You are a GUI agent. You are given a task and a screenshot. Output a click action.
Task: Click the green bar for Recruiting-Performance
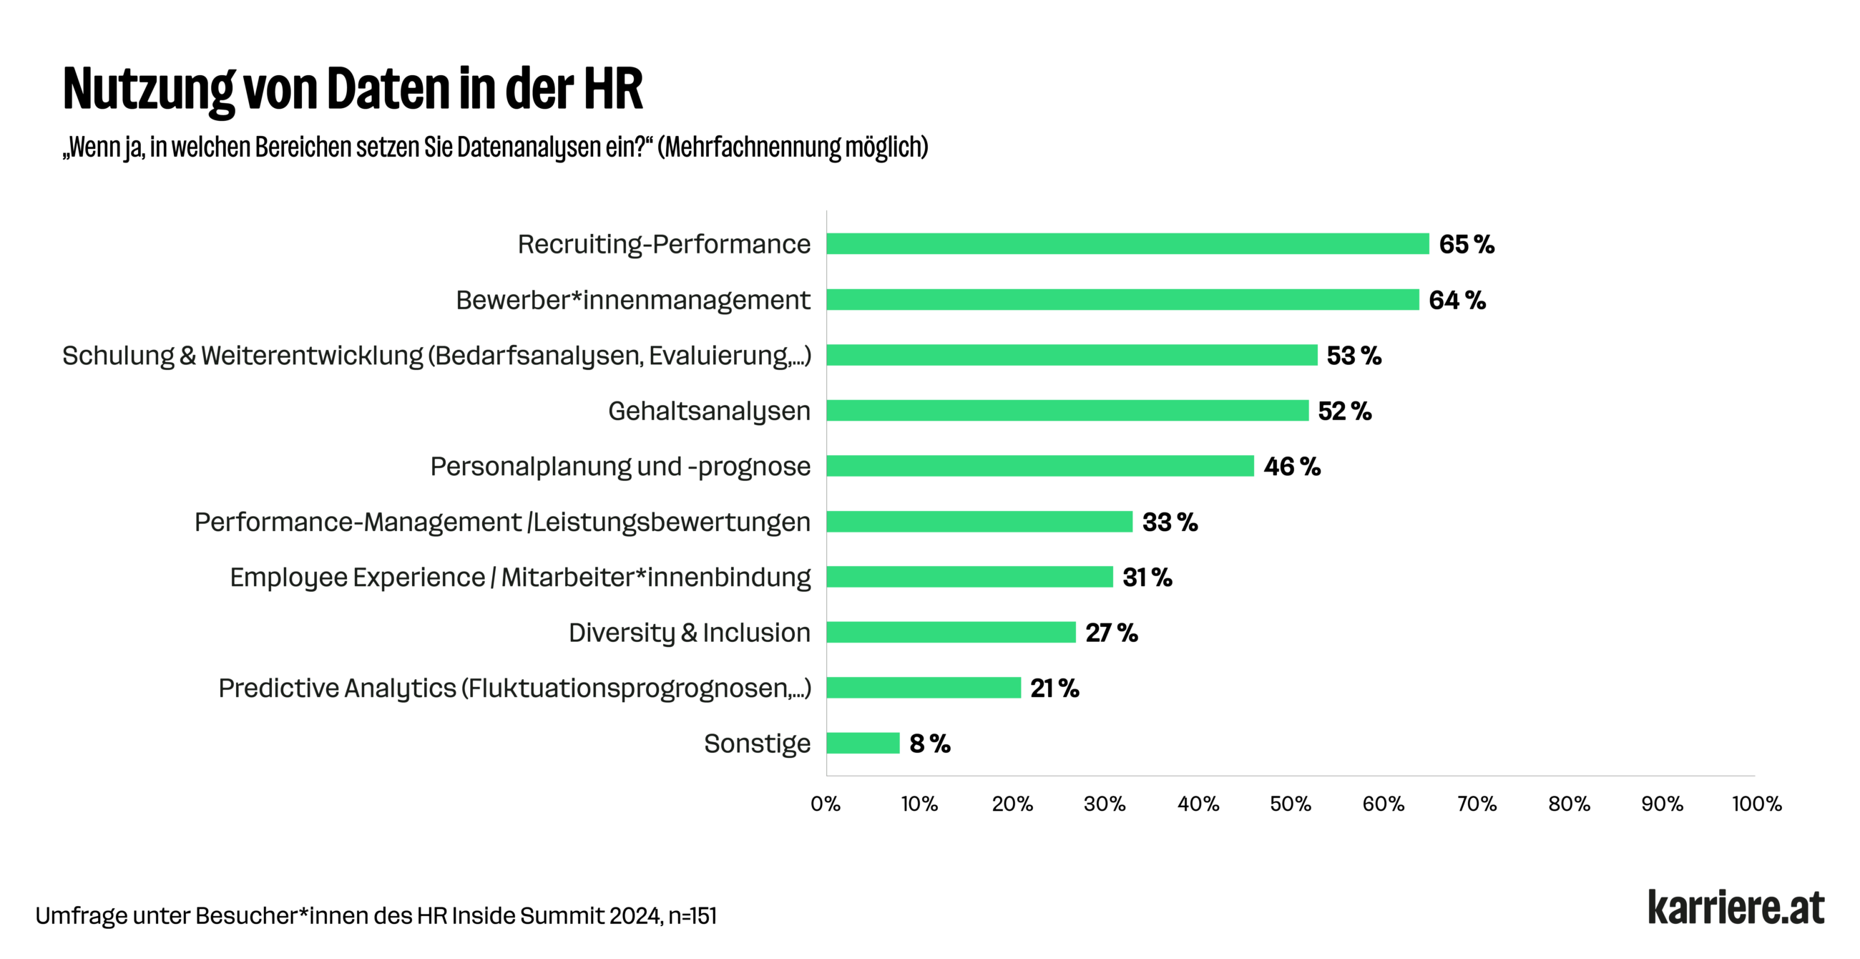[x=1127, y=244]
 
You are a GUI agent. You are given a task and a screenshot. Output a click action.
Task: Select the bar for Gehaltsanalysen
[x=1067, y=411]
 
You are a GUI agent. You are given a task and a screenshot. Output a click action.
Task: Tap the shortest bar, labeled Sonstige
[x=863, y=743]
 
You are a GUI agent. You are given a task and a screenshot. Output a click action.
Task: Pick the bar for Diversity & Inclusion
[x=951, y=633]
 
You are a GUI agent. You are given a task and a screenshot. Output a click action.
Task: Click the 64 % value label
[x=1457, y=301]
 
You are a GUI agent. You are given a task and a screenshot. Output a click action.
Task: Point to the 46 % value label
[x=1292, y=467]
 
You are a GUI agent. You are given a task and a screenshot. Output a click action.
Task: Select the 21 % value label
[x=1054, y=688]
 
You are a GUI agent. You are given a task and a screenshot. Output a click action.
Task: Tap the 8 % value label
[x=929, y=744]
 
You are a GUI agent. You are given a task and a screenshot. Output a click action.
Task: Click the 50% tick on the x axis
[x=1291, y=804]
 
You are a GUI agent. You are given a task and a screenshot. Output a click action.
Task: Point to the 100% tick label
[x=1756, y=804]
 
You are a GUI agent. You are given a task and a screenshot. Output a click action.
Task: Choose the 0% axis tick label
[x=826, y=804]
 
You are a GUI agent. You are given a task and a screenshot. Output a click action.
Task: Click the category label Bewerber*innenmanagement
[x=632, y=301]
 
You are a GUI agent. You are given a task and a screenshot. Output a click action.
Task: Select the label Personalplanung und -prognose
[x=620, y=467]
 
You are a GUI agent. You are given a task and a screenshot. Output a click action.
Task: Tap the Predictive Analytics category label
[x=514, y=688]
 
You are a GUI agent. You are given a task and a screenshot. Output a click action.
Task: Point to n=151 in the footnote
[x=692, y=915]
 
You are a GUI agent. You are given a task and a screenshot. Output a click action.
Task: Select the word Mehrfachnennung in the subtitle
[x=753, y=147]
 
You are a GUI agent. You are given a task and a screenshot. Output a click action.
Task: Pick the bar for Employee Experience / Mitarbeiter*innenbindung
[x=969, y=577]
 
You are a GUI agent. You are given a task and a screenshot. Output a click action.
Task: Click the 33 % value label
[x=1170, y=522]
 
